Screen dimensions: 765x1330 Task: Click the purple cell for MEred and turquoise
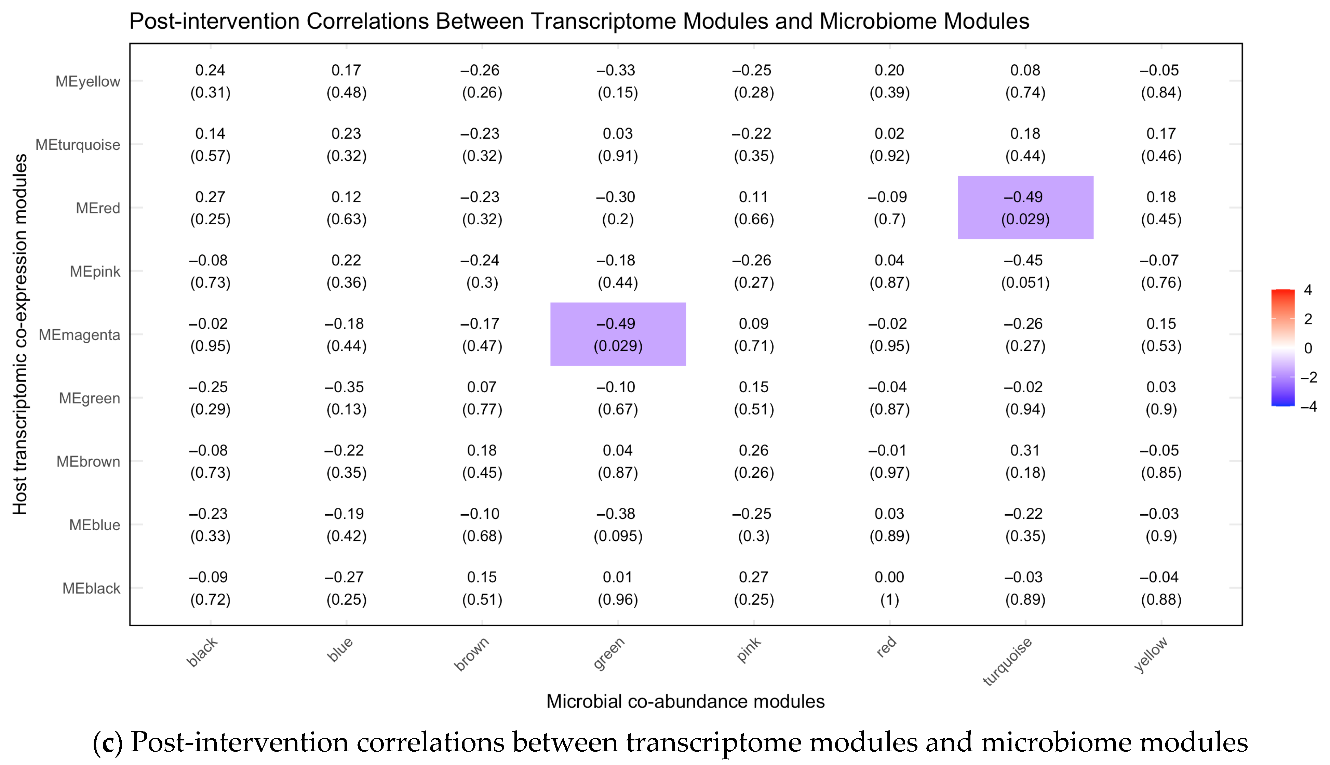[1025, 208]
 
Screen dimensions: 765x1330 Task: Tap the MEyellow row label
[88, 81]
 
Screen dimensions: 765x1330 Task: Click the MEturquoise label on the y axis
[78, 145]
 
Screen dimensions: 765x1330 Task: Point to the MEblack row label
[91, 589]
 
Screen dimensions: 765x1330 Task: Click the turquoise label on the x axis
[1007, 661]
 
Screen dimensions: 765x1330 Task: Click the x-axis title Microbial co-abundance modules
[685, 701]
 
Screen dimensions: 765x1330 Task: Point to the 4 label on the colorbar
[1308, 290]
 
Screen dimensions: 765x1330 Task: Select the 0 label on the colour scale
[1308, 348]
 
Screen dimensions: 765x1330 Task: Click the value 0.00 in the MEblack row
[889, 578]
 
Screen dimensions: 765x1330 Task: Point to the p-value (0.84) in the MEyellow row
[1161, 93]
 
